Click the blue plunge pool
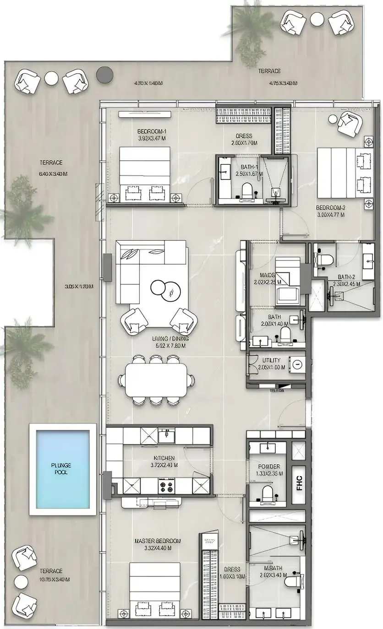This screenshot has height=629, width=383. pos(63,468)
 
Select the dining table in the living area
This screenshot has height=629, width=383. pos(157,380)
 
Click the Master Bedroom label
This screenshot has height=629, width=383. pos(158,541)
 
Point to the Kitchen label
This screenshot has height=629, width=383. pos(164,458)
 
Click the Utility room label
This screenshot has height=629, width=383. pos(271,360)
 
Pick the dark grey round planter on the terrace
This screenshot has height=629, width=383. pos(104,73)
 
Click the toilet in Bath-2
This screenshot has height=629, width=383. pos(323,260)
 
